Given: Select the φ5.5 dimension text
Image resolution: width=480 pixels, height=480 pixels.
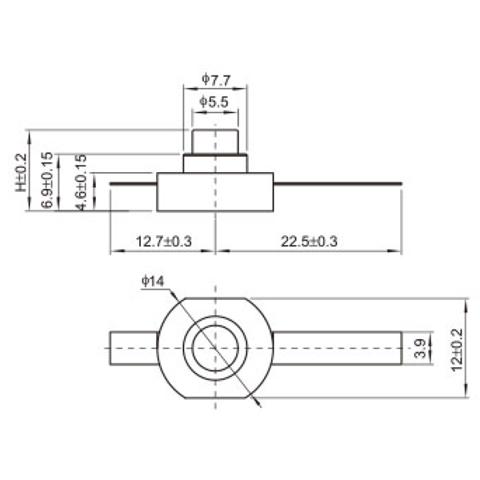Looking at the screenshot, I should pos(215,102).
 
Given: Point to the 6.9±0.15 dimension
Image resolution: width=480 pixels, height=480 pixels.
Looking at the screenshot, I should pos(47,180).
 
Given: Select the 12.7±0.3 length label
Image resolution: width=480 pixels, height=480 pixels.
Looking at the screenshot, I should pos(163,241).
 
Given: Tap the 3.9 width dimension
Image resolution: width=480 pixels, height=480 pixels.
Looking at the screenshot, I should pos(421,349).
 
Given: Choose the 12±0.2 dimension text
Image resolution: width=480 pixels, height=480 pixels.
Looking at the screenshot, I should pos(457,348).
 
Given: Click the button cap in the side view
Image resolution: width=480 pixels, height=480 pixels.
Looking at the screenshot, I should pos(215,141).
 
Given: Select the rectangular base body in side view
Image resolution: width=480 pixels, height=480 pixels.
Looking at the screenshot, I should pos(215,192).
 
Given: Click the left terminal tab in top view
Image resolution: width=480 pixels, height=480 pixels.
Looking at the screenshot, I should pos(133,348).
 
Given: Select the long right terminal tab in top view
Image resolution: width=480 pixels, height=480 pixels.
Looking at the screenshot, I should pos(336,348).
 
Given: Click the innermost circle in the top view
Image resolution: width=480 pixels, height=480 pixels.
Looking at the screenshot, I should pos(215,348).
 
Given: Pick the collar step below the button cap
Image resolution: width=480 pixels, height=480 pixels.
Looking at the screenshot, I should pos(215,163).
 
